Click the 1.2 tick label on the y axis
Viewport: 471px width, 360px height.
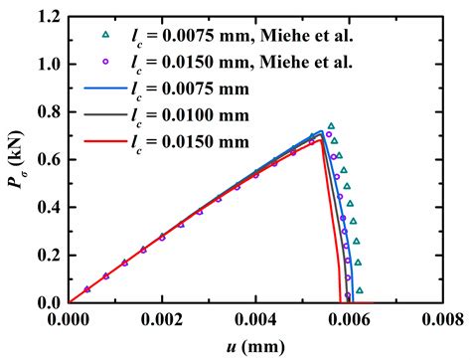click(x=47, y=17)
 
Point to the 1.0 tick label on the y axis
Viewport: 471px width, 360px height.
click(x=47, y=65)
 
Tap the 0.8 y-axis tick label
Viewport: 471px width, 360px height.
click(x=47, y=112)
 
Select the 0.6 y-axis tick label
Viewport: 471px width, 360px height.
click(x=47, y=159)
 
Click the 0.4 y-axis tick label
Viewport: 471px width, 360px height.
click(x=47, y=207)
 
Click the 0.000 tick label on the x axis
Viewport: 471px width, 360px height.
click(x=69, y=319)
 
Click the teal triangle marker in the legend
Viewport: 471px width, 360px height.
click(x=105, y=37)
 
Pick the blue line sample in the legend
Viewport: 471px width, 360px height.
click(x=105, y=90)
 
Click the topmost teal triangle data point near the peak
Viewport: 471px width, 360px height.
click(x=332, y=126)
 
